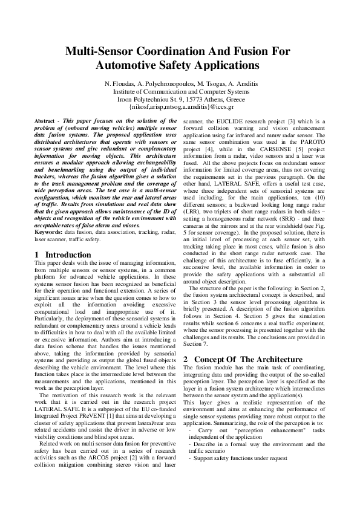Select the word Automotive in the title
(132, 64)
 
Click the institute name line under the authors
(180, 91)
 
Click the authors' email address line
(180, 106)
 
